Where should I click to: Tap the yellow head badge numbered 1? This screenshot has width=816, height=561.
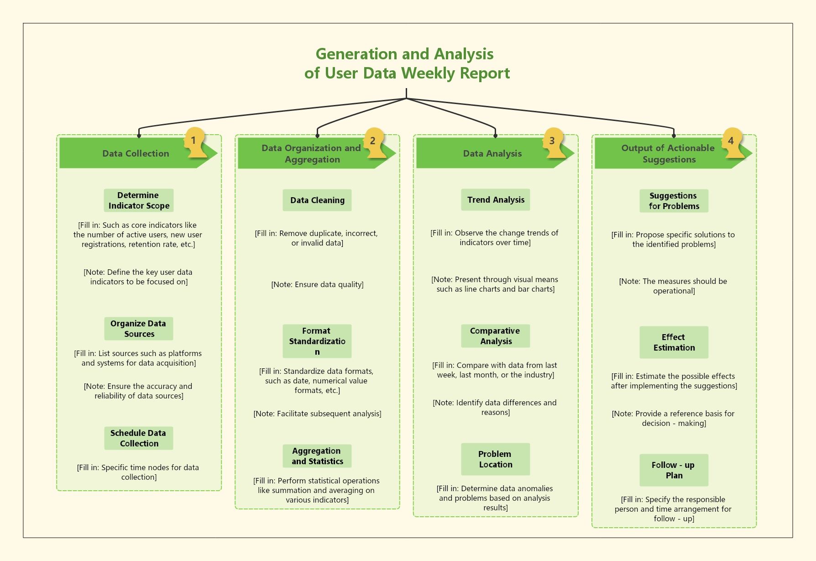[194, 142]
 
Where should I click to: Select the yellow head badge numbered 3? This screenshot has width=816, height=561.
[553, 142]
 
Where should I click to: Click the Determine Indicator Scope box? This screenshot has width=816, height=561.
[139, 200]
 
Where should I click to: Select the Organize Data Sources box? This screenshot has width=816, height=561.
[139, 329]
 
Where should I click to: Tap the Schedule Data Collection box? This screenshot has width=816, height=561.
[139, 438]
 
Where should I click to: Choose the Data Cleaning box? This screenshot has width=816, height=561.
[317, 200]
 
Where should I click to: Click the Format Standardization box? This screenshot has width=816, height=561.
[317, 341]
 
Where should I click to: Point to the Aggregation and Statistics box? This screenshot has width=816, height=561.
[317, 456]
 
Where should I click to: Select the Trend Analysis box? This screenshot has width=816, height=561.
[496, 200]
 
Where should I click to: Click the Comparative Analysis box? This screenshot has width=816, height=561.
[496, 336]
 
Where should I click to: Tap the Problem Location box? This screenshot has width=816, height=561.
[496, 459]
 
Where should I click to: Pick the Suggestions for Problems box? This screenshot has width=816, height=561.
[674, 201]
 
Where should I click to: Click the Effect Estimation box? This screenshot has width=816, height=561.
[674, 342]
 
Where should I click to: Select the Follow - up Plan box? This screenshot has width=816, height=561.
[674, 470]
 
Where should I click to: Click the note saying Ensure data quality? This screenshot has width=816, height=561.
[317, 284]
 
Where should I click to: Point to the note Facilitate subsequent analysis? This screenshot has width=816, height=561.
[317, 414]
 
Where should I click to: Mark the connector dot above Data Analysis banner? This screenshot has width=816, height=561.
[496, 136]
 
